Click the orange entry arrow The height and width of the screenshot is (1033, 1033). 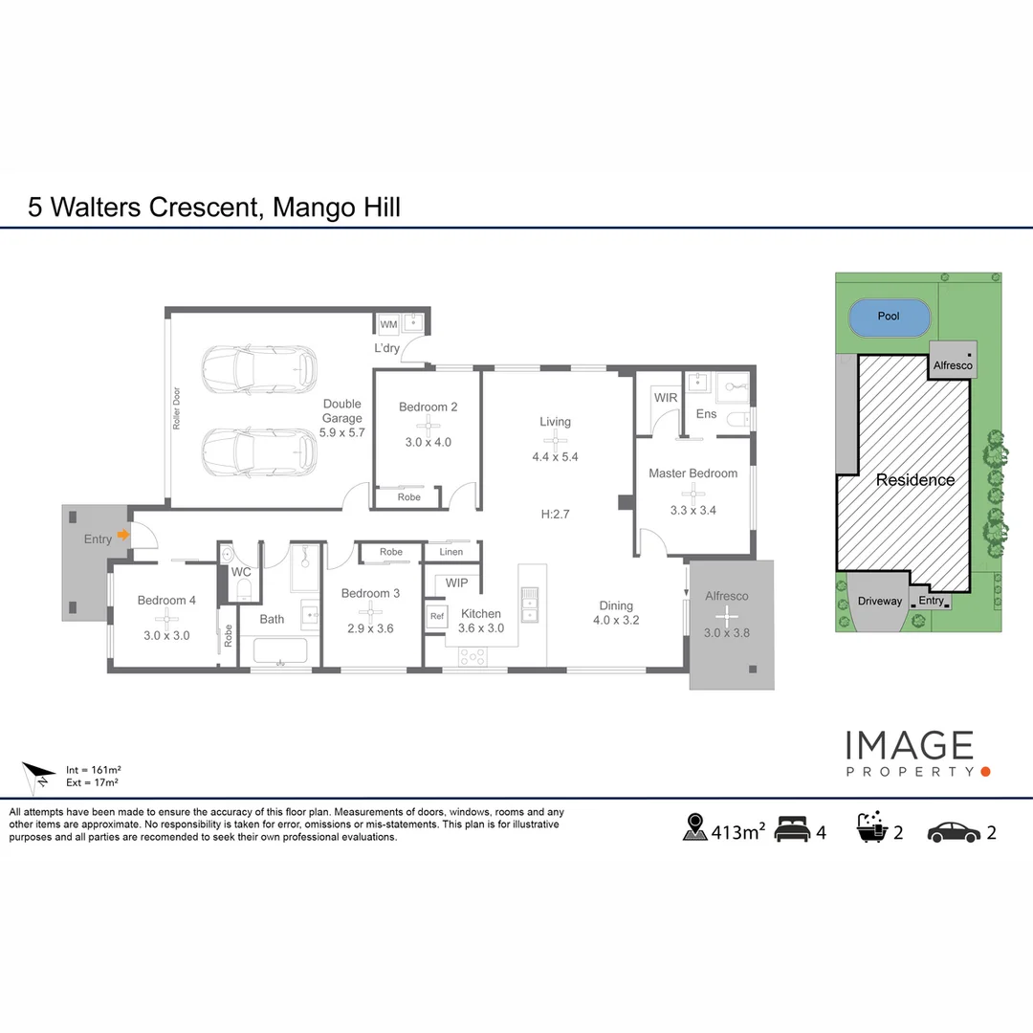tap(123, 535)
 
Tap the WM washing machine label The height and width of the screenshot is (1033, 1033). tap(388, 324)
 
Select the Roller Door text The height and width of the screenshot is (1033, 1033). tap(177, 408)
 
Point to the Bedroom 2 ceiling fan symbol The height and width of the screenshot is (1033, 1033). tap(429, 425)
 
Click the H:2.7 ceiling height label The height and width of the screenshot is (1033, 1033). tap(555, 515)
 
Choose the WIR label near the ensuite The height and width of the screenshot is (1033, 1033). tap(666, 397)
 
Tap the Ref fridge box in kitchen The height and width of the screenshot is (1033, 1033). tap(437, 617)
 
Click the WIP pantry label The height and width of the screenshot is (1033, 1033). tap(456, 583)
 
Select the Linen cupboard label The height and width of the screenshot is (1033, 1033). tap(451, 552)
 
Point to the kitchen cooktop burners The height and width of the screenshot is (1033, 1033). tap(473, 656)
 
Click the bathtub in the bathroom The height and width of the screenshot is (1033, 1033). tap(280, 651)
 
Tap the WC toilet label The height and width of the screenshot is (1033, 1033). tap(241, 573)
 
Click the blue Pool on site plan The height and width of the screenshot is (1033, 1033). tap(889, 318)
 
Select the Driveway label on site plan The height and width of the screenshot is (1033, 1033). tap(880, 601)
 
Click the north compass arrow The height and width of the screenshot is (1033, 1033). tap(38, 776)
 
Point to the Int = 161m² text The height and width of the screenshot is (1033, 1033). tap(93, 769)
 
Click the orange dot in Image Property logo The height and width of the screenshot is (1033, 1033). tap(985, 772)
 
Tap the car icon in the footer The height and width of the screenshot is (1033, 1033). tap(954, 833)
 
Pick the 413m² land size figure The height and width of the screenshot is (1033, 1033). tap(737, 832)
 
